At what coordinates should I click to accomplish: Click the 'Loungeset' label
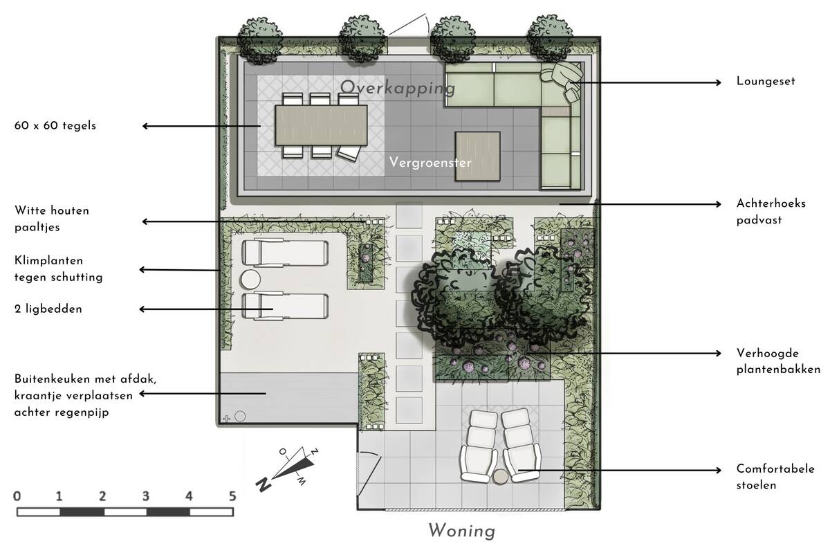coord(766,81)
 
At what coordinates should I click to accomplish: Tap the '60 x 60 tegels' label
coord(55,126)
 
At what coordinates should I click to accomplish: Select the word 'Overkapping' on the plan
coord(398,88)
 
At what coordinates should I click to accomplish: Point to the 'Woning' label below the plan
coord(462,531)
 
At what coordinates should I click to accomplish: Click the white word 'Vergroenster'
coord(430,163)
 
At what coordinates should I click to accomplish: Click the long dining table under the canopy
coord(321,125)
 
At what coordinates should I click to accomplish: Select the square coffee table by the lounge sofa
coord(478,156)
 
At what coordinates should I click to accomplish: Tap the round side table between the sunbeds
coord(250,280)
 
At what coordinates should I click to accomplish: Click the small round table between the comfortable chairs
coord(501,477)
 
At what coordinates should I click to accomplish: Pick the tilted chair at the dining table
coord(349,152)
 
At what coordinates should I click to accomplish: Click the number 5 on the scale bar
coord(232,496)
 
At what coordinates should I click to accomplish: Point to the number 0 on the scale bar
coord(17,496)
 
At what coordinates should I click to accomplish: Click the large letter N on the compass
coord(263,484)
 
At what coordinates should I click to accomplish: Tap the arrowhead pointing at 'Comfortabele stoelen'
coord(719,470)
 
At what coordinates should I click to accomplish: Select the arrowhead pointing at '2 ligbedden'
coord(142,309)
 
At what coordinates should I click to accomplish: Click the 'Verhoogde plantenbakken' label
coord(778,361)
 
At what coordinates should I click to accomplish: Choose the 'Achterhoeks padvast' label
coord(771,211)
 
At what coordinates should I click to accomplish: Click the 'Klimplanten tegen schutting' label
coord(58,269)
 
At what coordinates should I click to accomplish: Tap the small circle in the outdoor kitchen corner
coord(240,417)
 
